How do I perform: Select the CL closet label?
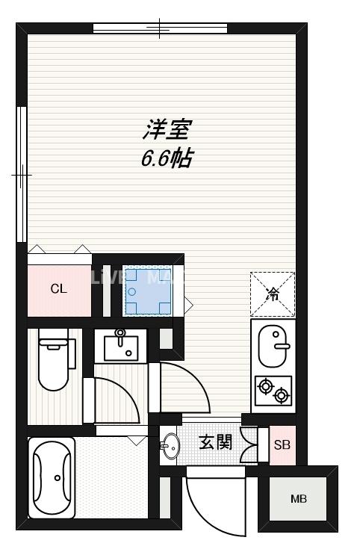[59, 289]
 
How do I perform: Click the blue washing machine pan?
[147, 290]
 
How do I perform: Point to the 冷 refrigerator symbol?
[273, 294]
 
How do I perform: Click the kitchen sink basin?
[273, 346]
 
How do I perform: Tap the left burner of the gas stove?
[264, 386]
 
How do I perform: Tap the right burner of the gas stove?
[281, 394]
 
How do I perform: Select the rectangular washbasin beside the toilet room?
[120, 347]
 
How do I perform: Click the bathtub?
[52, 477]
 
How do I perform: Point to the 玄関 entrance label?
[215, 441]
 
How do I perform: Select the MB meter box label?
[298, 499]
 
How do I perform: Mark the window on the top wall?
[160, 29]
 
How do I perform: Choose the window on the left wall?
[22, 174]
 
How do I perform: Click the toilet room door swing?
[116, 400]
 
